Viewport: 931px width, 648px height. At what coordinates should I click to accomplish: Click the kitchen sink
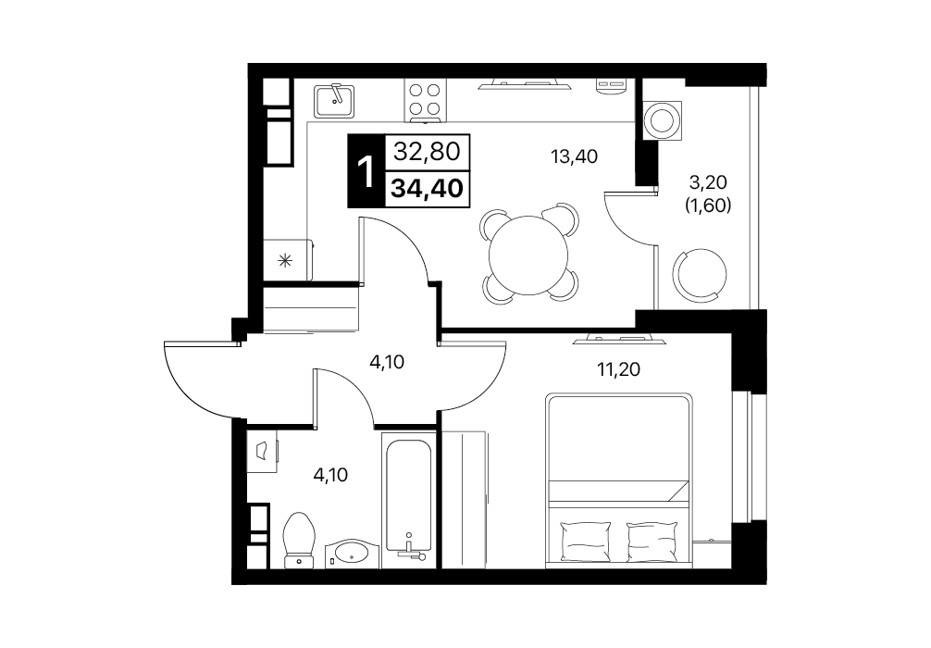coord(334,100)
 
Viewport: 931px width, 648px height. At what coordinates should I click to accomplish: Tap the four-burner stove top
coord(425,100)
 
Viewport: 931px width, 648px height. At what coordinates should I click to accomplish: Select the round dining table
coord(528,255)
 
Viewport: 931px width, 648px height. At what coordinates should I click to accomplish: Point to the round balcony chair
coord(700,274)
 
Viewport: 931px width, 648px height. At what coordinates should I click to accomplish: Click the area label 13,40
coord(574,156)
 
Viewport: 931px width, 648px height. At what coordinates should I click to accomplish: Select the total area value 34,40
coord(427,188)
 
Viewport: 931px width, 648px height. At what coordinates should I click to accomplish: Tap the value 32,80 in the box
coord(427,152)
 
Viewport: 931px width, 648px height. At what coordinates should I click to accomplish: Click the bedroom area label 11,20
coord(619,369)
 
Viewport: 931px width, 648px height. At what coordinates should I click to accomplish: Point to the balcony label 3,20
coord(708,181)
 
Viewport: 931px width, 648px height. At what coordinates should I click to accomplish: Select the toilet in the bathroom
coord(299,541)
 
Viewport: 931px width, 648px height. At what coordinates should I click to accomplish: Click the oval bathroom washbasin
coord(352,554)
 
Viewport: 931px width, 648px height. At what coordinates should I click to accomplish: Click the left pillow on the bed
coord(586,541)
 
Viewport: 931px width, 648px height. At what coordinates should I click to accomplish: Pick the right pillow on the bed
coord(652,541)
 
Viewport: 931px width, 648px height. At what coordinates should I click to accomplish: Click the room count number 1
coord(366,171)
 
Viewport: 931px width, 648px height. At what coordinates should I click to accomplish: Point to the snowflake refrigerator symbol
coord(286,259)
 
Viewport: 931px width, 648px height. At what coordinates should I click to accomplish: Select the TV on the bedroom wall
coord(620,339)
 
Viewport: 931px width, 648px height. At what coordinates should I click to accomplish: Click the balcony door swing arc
coord(624,223)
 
